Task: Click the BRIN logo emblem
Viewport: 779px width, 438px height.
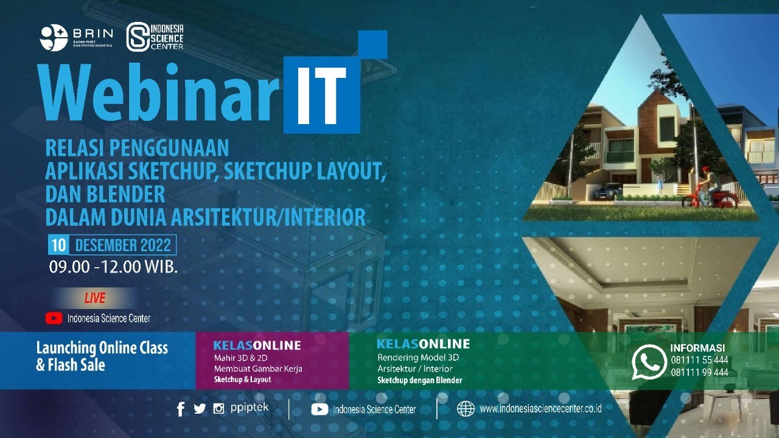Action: tap(54, 38)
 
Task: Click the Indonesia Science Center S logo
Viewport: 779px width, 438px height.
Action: tap(138, 38)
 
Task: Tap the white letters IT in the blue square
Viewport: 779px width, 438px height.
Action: tap(322, 92)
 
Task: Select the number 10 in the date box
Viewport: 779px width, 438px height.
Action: tap(58, 246)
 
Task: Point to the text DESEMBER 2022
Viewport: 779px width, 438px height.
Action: tap(123, 246)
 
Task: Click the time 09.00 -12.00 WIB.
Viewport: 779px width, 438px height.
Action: tap(113, 267)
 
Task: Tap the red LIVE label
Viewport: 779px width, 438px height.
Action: tap(94, 298)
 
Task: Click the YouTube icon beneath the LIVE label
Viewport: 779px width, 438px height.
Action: tap(54, 318)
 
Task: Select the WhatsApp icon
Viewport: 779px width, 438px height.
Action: tap(649, 362)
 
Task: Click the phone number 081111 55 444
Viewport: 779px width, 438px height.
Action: tap(699, 360)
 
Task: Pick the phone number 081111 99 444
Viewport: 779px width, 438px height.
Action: tap(699, 372)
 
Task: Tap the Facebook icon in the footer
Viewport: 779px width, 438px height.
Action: tap(181, 409)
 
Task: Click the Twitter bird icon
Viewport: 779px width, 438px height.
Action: tap(200, 409)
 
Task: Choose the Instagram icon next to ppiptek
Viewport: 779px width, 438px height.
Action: tap(218, 409)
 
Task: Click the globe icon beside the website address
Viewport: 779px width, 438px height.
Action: tap(466, 409)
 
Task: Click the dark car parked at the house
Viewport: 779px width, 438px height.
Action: tap(607, 191)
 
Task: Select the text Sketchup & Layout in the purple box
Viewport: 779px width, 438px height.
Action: tap(243, 380)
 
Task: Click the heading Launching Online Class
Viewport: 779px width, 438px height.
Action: tap(102, 349)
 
